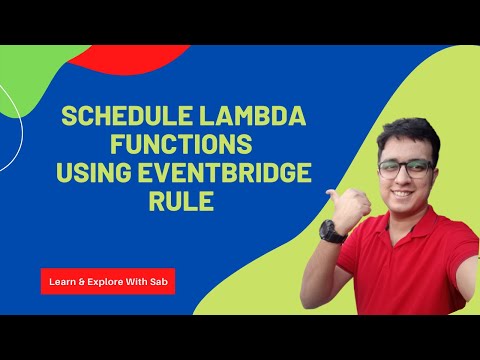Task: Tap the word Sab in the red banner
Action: coord(160,282)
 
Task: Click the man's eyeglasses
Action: coord(405,168)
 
